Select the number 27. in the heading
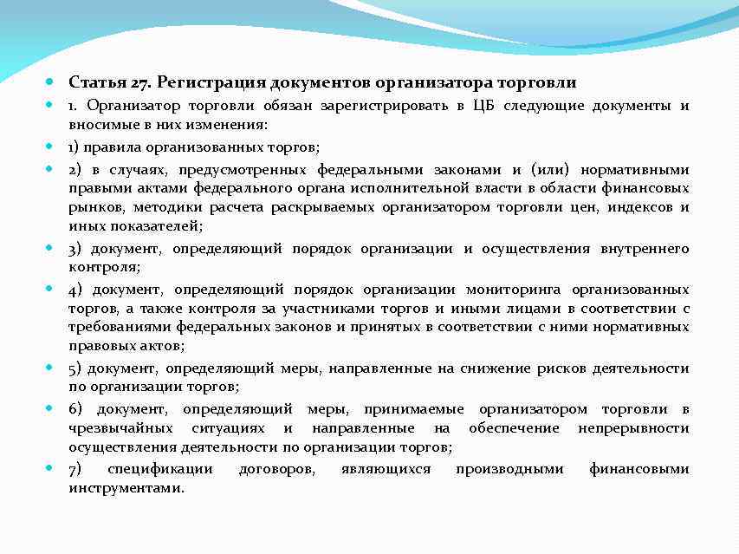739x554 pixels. tap(142, 83)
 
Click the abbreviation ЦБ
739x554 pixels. tap(483, 106)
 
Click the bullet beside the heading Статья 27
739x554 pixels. tap(50, 83)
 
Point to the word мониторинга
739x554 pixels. tap(513, 289)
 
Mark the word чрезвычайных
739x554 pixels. tap(117, 428)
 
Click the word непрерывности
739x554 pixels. tap(633, 428)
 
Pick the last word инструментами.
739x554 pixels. tap(126, 488)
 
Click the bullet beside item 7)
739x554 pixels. tap(50, 469)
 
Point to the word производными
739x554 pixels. tap(509, 469)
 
